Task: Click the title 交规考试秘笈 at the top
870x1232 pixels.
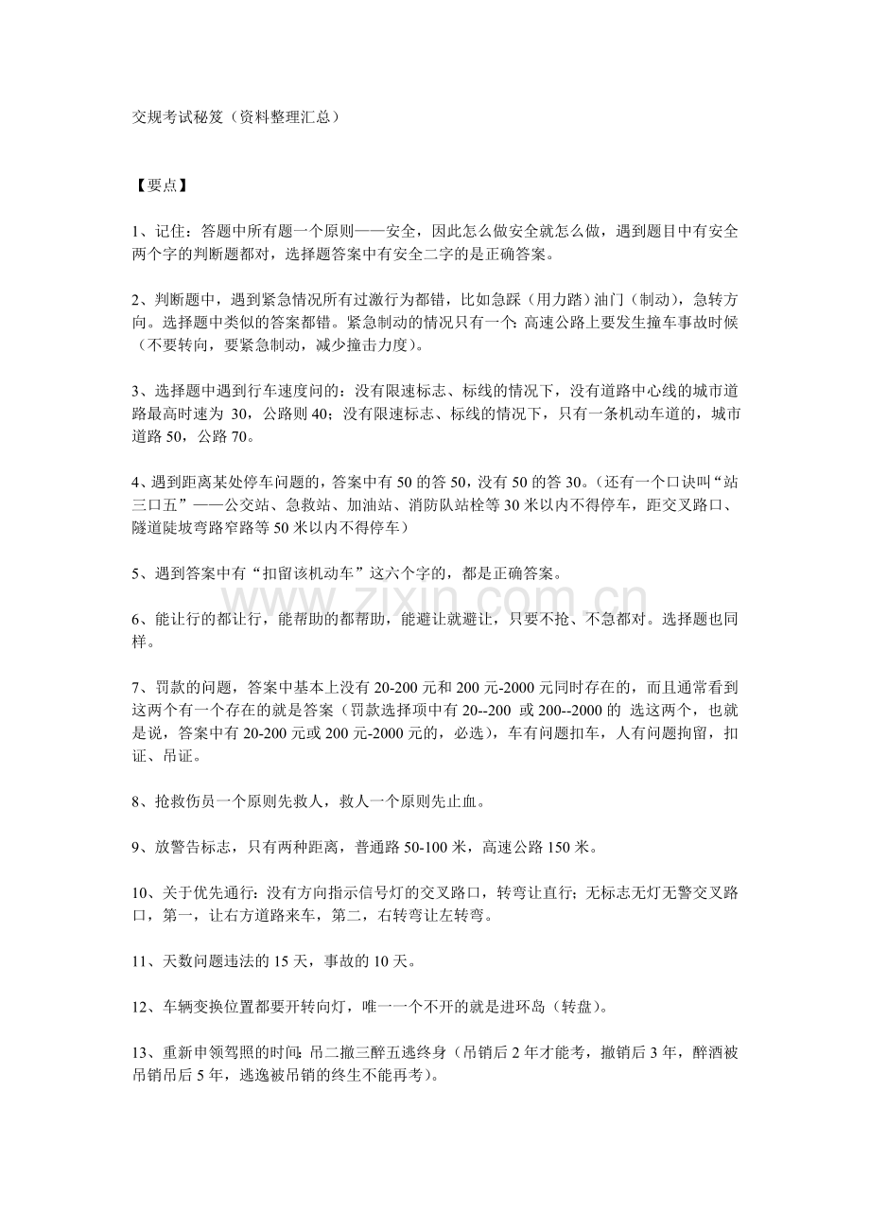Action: [x=175, y=118]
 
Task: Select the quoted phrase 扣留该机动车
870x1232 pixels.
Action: [x=339, y=572]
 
